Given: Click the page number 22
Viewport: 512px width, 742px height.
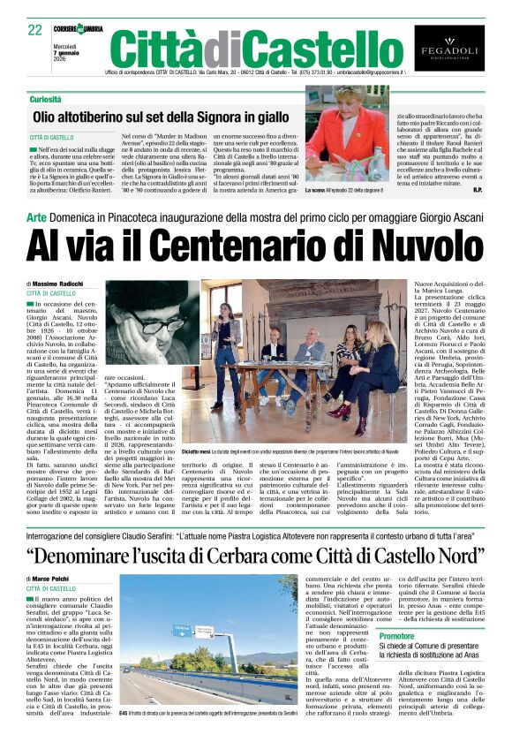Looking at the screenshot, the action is (35, 29).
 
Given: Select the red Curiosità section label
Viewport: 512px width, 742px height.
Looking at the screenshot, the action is (43, 99).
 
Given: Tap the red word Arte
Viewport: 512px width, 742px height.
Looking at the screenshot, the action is (36, 216).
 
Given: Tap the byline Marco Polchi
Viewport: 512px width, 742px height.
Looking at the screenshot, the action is (56, 579).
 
